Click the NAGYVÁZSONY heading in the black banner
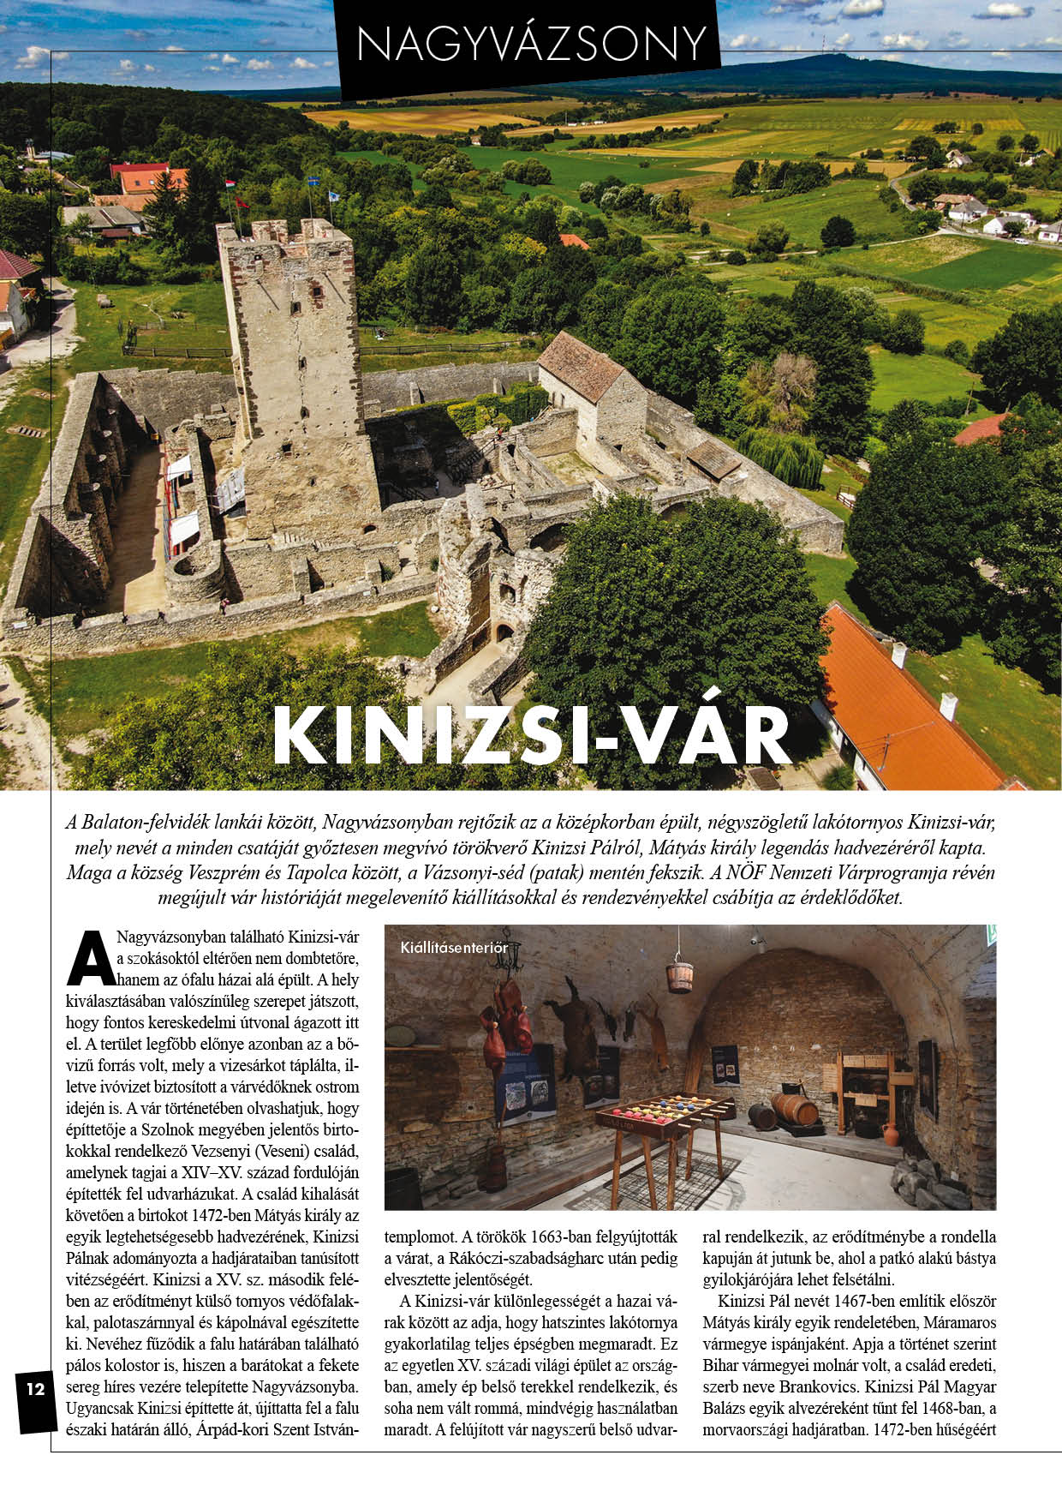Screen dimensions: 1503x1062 (531, 43)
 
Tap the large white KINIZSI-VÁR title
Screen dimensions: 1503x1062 (531, 735)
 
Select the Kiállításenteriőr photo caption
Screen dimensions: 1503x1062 (454, 948)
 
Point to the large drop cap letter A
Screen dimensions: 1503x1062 (90, 958)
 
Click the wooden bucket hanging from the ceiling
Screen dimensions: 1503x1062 (679, 976)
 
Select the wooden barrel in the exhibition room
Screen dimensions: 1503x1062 (794, 1109)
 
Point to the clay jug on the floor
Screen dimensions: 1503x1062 (891, 1134)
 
